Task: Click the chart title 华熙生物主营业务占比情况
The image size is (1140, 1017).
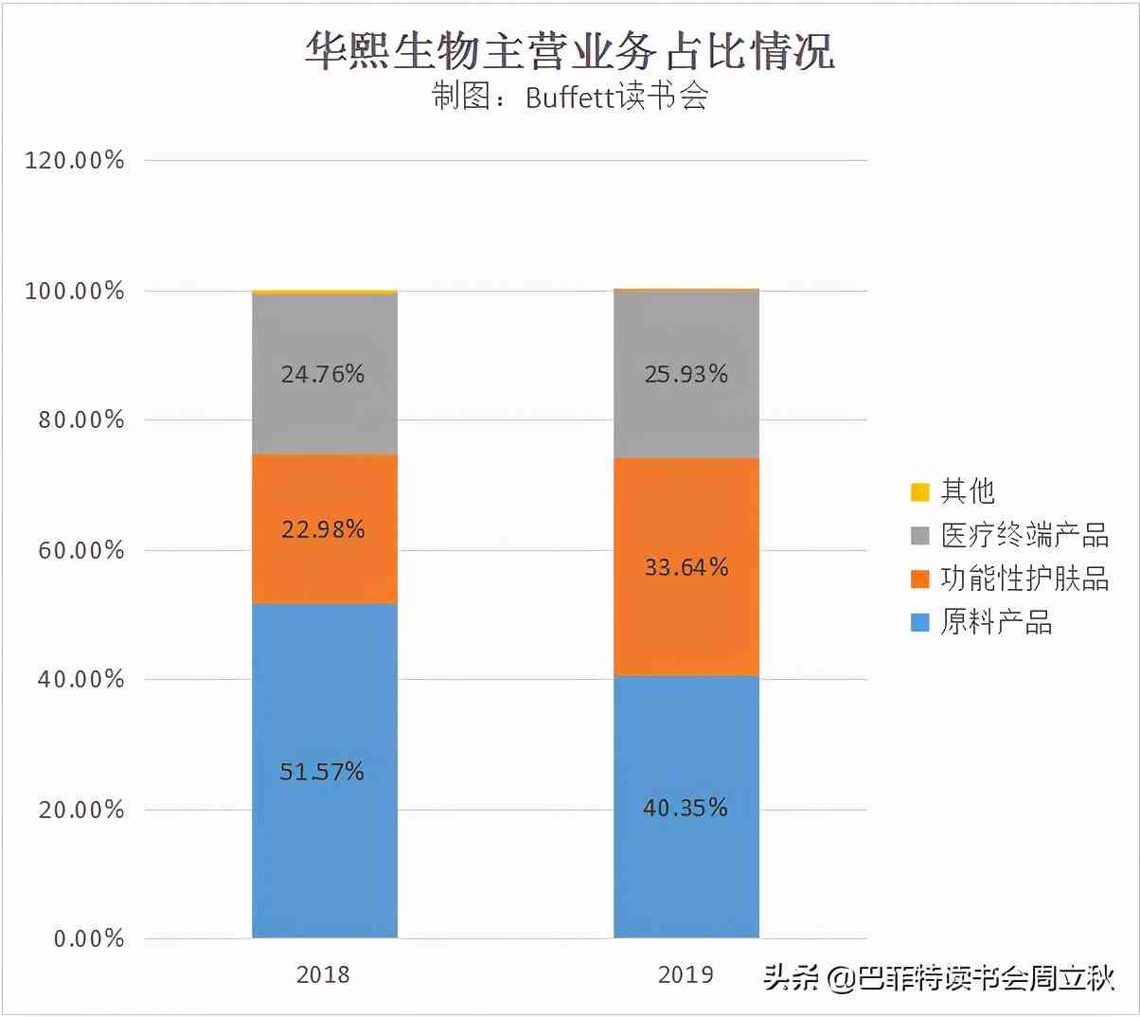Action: click(569, 50)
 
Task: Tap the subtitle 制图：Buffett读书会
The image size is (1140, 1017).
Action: click(570, 97)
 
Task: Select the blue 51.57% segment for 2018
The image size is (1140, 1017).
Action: click(324, 771)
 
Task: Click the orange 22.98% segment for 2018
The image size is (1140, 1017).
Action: click(324, 528)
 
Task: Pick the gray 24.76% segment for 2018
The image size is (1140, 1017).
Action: click(324, 374)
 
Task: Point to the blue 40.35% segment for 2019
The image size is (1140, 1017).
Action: click(686, 807)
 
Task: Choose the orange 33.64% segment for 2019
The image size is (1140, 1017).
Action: click(686, 566)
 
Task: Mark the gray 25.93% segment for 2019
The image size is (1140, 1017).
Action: click(686, 374)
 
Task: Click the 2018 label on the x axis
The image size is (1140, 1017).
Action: click(323, 974)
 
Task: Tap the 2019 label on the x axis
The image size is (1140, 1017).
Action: click(686, 974)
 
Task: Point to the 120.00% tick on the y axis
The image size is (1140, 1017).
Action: click(75, 160)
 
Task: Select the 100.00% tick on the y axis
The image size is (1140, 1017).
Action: click(75, 291)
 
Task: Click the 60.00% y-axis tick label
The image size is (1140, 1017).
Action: click(81, 550)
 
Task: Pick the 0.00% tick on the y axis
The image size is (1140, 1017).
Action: click(89, 938)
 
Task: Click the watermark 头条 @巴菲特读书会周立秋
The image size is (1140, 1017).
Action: click(939, 977)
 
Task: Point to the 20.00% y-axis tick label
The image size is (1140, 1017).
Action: click(81, 810)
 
